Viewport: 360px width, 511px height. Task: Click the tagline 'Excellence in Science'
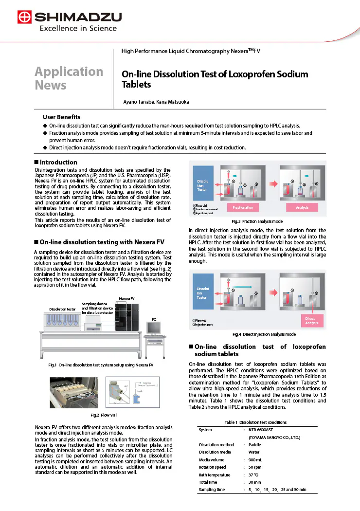[78, 29]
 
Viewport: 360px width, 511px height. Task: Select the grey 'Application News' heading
[69, 78]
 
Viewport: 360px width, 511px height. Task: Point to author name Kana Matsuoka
[172, 102]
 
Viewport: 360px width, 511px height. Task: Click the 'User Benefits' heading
[61, 117]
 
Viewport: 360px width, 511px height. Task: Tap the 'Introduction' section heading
[58, 162]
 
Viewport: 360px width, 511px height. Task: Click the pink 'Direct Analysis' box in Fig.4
[311, 321]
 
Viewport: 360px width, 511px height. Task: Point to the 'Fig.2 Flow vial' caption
[104, 415]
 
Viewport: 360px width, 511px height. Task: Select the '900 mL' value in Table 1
[256, 459]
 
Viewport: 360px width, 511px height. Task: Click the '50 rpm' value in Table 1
[254, 467]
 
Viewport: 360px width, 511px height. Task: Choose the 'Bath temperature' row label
[215, 474]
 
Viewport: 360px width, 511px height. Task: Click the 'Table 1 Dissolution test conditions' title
[255, 422]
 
